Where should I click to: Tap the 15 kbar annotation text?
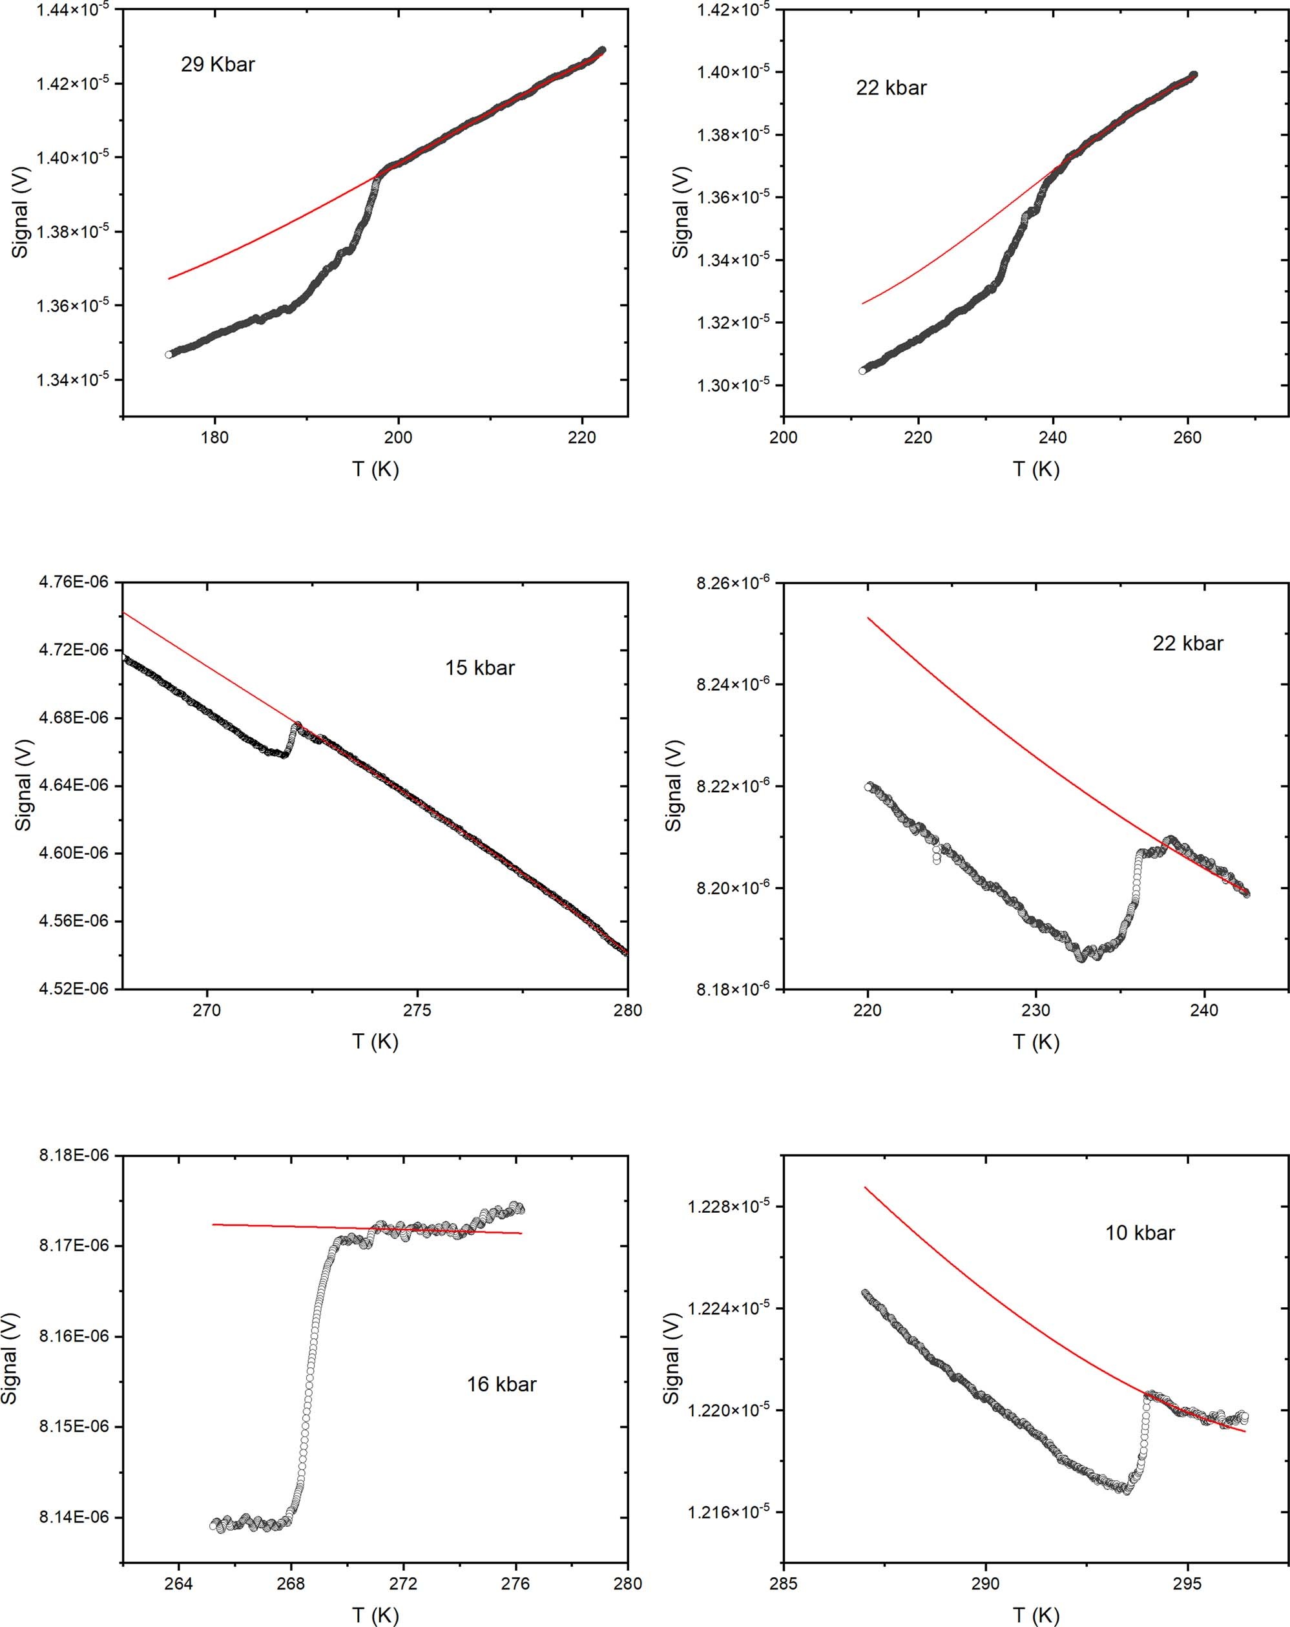pos(480,668)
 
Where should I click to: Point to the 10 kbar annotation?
pos(1140,1233)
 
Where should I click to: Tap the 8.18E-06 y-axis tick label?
pos(73,1155)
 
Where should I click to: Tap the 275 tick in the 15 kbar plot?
pos(417,1010)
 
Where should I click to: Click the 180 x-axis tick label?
pos(215,437)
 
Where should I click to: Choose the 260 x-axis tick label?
pos(1187,437)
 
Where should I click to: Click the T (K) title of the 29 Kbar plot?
pos(375,469)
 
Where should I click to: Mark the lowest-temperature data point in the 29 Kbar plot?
pos(169,354)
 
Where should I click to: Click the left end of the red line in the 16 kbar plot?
pos(213,1224)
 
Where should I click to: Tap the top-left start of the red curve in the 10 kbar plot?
pos(866,1187)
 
